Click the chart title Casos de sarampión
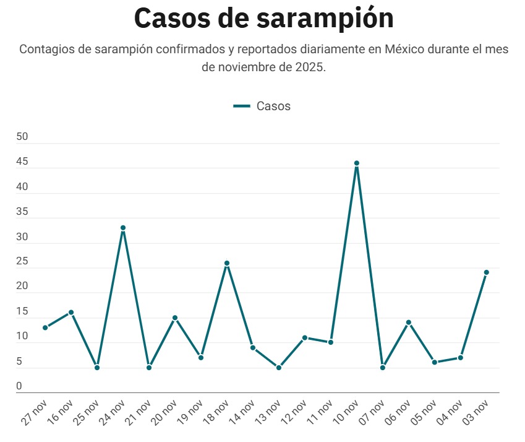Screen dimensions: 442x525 (263, 19)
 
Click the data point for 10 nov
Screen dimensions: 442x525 (357, 163)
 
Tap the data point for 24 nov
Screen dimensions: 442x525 (123, 228)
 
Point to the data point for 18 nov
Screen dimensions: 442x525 (227, 263)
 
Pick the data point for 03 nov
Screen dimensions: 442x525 (487, 272)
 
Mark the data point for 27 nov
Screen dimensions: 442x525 (45, 327)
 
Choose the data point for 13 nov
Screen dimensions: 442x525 (279, 368)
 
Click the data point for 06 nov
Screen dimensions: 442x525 (409, 323)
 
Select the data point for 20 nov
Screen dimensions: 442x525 (175, 318)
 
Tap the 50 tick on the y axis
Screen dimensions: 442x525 (23, 137)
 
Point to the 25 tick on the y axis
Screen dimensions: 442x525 (23, 261)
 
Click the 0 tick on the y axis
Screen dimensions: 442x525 (19, 386)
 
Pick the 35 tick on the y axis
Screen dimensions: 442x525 (23, 212)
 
